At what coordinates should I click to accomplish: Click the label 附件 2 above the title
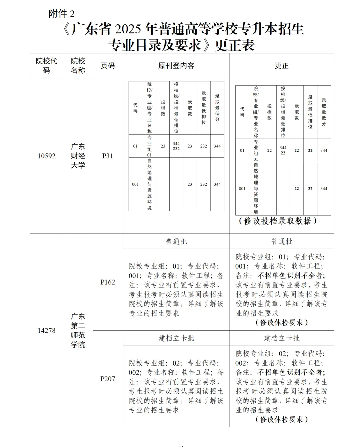tap(62, 14)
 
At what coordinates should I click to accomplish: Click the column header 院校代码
tap(46, 65)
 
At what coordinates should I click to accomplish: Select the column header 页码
tap(108, 65)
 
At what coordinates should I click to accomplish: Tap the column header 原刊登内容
tap(176, 65)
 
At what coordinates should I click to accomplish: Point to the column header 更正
tap(281, 65)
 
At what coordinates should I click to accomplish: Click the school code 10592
tap(46, 156)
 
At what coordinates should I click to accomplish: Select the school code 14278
tap(46, 330)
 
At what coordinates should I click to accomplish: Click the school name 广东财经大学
tap(78, 156)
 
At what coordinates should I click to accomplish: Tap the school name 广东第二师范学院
tap(78, 330)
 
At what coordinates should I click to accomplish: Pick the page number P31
tap(108, 156)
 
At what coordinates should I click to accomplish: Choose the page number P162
tap(108, 282)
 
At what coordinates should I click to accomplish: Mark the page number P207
tap(108, 379)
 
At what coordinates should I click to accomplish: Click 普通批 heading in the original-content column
tap(176, 241)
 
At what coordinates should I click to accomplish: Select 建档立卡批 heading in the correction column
tap(281, 338)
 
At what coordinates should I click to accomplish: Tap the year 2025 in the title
tap(127, 29)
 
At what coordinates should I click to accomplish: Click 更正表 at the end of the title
tap(235, 45)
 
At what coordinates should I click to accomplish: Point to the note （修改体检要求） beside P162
tap(281, 323)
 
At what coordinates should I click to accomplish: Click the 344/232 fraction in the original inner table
tap(176, 146)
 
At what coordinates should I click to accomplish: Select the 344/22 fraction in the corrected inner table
tap(283, 150)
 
